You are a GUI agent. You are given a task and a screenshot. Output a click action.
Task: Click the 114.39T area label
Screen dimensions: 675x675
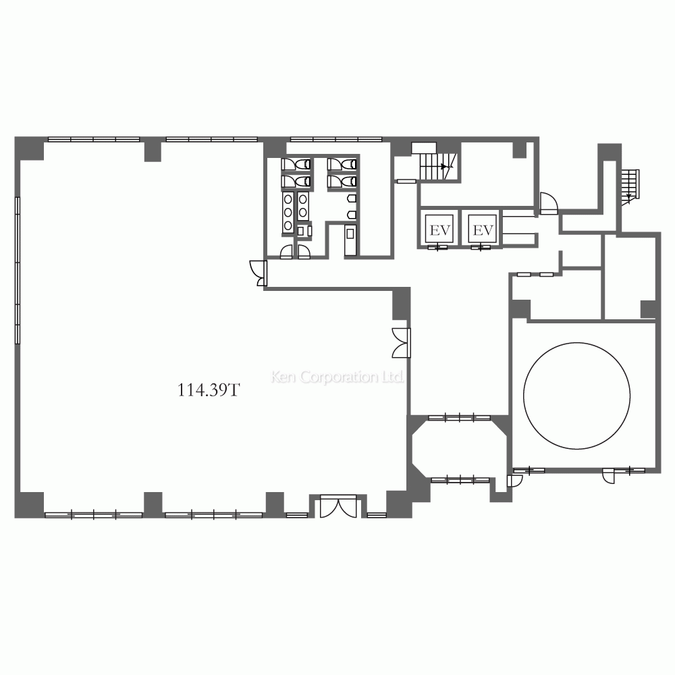pos(209,390)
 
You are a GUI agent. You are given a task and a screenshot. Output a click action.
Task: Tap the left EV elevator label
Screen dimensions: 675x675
pos(439,230)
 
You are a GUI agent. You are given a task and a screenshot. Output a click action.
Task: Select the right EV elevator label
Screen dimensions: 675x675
pos(483,230)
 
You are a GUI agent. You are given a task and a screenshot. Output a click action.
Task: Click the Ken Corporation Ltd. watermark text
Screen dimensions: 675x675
pos(337,377)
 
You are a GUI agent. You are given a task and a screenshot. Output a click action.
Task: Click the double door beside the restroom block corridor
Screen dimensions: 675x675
pos(259,273)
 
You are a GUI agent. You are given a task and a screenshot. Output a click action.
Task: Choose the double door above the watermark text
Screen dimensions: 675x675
pos(402,343)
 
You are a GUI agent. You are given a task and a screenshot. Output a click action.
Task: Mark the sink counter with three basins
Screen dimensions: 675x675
pos(288,213)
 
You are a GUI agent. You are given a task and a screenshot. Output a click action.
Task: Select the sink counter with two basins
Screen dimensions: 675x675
pos(303,206)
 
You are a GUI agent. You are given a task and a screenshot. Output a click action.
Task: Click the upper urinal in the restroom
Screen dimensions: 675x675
pos(352,198)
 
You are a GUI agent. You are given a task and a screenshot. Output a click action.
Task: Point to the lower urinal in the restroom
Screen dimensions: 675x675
pos(352,215)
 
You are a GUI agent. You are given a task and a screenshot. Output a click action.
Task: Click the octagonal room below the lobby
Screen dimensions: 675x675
pos(459,449)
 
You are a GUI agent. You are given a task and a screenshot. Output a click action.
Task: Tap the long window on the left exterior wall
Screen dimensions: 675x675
pos(18,271)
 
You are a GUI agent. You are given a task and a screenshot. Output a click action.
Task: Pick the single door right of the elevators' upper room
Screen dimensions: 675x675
pos(549,202)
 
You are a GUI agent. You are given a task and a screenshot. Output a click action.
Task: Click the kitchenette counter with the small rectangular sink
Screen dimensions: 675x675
pos(350,240)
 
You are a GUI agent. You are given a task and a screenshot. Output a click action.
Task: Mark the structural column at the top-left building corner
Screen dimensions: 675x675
pos(29,148)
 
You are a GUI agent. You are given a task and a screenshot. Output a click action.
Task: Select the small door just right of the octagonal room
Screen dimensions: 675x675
pos(514,481)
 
